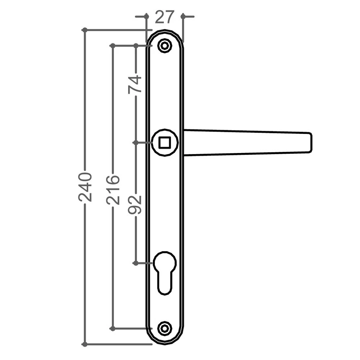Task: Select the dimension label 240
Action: [x=86, y=187]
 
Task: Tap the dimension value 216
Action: [x=113, y=189]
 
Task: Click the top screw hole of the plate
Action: [x=164, y=45]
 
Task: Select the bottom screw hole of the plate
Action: [x=164, y=328]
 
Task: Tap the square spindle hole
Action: [x=165, y=143]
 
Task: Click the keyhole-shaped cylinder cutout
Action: [x=165, y=270]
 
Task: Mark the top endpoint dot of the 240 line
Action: [x=84, y=30]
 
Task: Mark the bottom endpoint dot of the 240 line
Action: [x=84, y=344]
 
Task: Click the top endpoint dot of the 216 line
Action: [x=112, y=45]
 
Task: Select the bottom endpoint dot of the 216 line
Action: [x=112, y=328]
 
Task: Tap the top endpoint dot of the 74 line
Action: [x=136, y=45]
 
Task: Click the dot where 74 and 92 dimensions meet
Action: [x=136, y=143]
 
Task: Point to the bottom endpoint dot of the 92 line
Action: [x=135, y=263]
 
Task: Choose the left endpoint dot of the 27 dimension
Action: [x=146, y=16]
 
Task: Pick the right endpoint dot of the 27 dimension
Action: [x=183, y=16]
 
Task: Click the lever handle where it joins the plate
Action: [x=187, y=143]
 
